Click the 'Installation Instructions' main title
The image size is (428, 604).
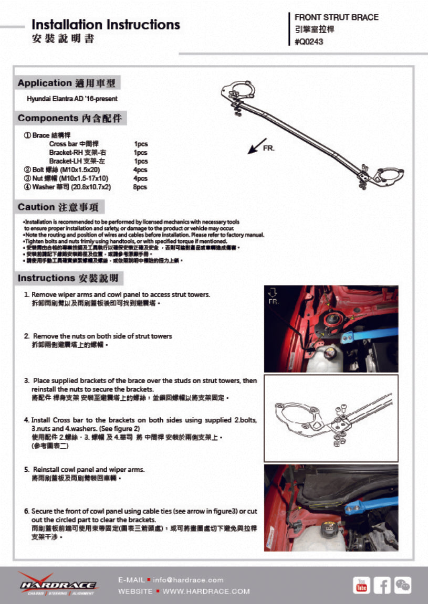tap(106, 25)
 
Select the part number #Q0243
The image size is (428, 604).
tap(309, 42)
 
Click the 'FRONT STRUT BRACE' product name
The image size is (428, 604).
tap(336, 17)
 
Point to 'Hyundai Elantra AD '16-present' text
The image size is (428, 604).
tap(72, 99)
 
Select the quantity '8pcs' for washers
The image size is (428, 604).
tap(140, 187)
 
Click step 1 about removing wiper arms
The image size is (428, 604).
tap(120, 295)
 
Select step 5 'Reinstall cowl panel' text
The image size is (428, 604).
tap(88, 470)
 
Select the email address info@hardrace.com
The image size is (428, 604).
tap(188, 580)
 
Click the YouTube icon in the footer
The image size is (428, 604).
tap(361, 585)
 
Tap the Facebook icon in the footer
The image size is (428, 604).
tap(382, 585)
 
